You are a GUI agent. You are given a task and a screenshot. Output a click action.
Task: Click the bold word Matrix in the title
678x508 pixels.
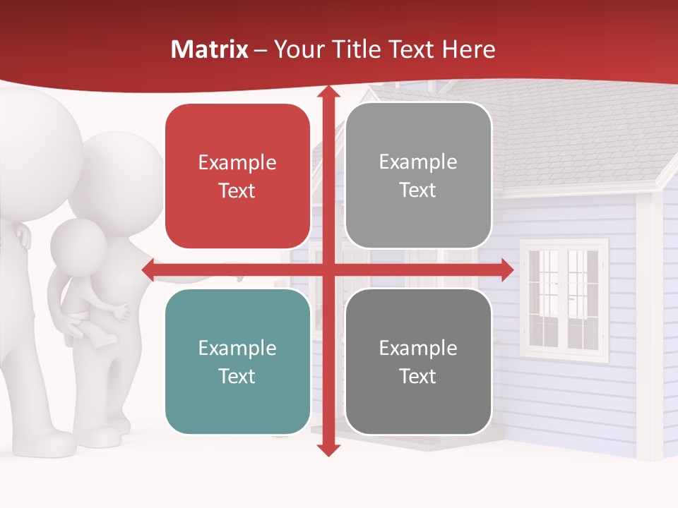coord(209,49)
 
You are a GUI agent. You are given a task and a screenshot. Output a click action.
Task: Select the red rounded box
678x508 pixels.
coord(237,176)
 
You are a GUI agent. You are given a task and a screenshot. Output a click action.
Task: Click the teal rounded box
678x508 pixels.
coord(237,361)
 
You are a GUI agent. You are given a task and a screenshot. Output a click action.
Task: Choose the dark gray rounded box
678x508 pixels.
coord(418,361)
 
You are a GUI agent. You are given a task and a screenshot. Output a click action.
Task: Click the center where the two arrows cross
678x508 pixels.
coord(328,270)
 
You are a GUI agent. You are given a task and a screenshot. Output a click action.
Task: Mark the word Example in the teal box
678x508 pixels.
coord(237,348)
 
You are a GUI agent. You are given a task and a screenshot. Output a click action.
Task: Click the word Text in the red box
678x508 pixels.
coord(237,190)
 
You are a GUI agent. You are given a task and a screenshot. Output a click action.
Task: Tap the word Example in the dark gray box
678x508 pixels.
coord(418,348)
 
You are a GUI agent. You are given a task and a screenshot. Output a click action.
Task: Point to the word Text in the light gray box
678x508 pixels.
coord(418,190)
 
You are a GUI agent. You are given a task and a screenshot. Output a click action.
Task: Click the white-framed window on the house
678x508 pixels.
coord(564,300)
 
